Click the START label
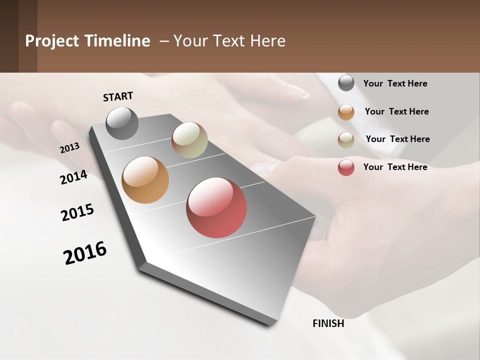coord(118,96)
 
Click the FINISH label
coord(328,323)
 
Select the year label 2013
coord(70,148)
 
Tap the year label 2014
coord(74,177)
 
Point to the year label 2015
coord(77,212)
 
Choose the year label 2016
coord(85,252)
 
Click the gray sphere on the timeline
coord(122,123)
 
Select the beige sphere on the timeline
coord(189,140)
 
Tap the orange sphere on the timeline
coord(145,180)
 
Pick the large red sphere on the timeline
coord(216,207)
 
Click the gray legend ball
coord(346,83)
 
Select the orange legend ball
coord(346,112)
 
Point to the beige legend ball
coord(346,140)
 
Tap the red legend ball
coord(346,167)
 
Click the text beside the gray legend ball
coord(395,83)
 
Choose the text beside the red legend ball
coord(395,167)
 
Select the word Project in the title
coord(51,41)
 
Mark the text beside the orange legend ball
coord(396,111)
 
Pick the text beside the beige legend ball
coord(397,139)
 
